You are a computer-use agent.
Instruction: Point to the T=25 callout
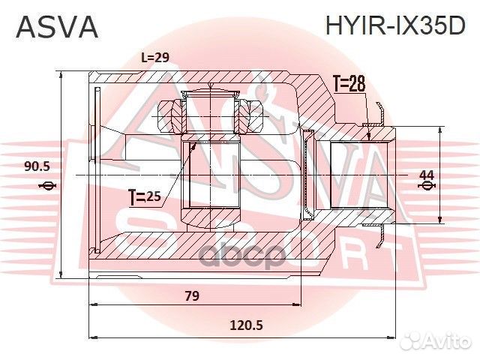[145, 198]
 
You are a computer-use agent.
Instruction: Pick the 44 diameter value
[426, 175]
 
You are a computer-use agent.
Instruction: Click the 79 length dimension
[192, 295]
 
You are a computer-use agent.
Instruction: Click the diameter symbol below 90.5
[46, 186]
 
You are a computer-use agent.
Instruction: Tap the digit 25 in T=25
[153, 198]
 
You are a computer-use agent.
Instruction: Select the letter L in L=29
[145, 58]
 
